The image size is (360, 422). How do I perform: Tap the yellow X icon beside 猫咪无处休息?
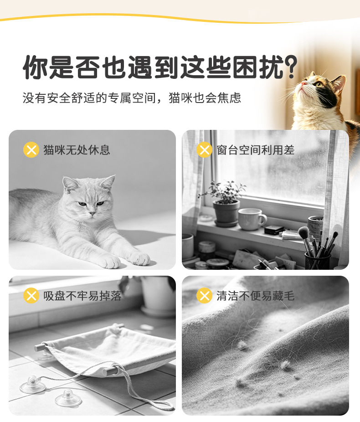click(x=31, y=149)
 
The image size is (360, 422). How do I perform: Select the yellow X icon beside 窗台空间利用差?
click(x=205, y=149)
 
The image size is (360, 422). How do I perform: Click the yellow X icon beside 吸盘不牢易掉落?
click(x=31, y=295)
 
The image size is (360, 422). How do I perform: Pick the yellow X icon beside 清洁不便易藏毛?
click(x=205, y=295)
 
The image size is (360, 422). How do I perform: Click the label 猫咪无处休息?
click(x=77, y=150)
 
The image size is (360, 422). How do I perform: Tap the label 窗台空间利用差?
click(x=256, y=150)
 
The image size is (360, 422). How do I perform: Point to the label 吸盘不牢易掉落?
click(x=82, y=296)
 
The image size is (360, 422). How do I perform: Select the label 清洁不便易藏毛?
click(x=256, y=296)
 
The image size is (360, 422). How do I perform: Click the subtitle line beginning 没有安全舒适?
click(x=132, y=98)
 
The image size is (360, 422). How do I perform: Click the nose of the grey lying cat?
click(x=92, y=213)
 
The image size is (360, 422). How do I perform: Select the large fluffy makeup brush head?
click(x=304, y=232)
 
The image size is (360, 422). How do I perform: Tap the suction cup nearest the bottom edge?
click(x=68, y=398)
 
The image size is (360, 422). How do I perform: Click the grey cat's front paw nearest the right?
click(x=139, y=258)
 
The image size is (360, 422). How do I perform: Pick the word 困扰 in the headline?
click(x=257, y=67)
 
